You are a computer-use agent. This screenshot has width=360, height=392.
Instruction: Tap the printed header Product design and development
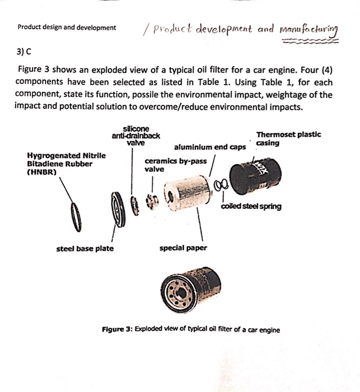(x=67, y=27)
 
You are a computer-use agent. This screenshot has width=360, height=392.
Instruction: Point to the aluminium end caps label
(x=209, y=148)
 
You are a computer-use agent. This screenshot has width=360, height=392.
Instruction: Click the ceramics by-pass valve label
(x=175, y=165)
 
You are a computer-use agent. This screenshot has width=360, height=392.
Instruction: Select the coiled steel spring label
(x=251, y=206)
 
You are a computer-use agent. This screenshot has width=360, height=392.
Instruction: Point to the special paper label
(x=183, y=248)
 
